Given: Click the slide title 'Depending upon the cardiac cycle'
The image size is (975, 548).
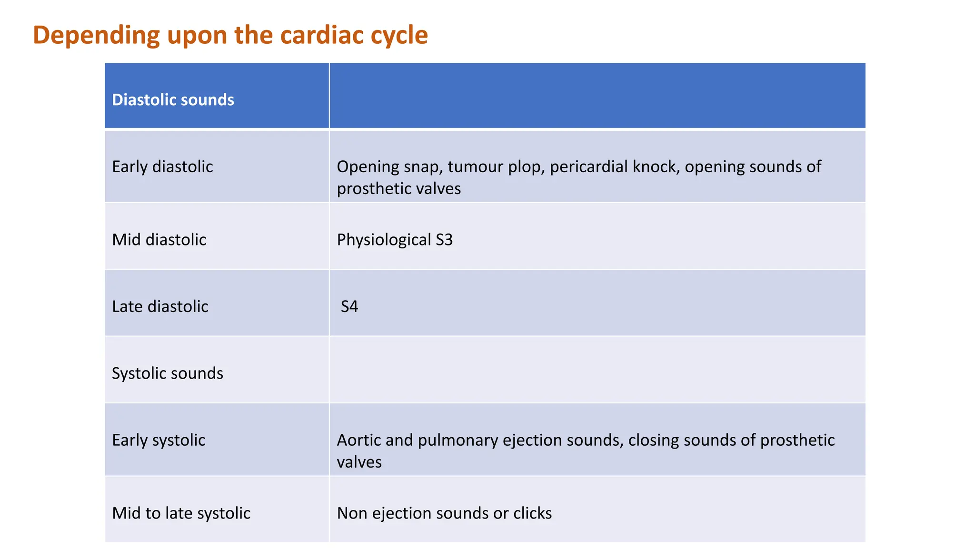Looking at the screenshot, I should coord(230,35).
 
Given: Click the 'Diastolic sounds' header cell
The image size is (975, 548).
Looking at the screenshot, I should coord(173,100).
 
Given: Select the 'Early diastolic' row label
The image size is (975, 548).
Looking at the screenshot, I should coord(162,167).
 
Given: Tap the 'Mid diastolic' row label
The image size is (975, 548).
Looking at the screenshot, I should coord(159,240).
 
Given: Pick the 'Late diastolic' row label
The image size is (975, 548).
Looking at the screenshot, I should coord(160,307).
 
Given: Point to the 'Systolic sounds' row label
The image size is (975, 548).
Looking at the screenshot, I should coord(168,373).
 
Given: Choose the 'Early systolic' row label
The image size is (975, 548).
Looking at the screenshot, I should coord(159,440).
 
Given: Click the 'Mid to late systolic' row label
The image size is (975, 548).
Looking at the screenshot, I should coord(181,513).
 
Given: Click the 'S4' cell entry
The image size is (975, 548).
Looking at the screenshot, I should coord(349,307).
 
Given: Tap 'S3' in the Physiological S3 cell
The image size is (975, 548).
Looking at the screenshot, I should coord(444,240).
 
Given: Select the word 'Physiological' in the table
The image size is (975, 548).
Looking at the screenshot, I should coord(384,240).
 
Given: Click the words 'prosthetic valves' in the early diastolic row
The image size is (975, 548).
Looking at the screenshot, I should coord(399,189).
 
